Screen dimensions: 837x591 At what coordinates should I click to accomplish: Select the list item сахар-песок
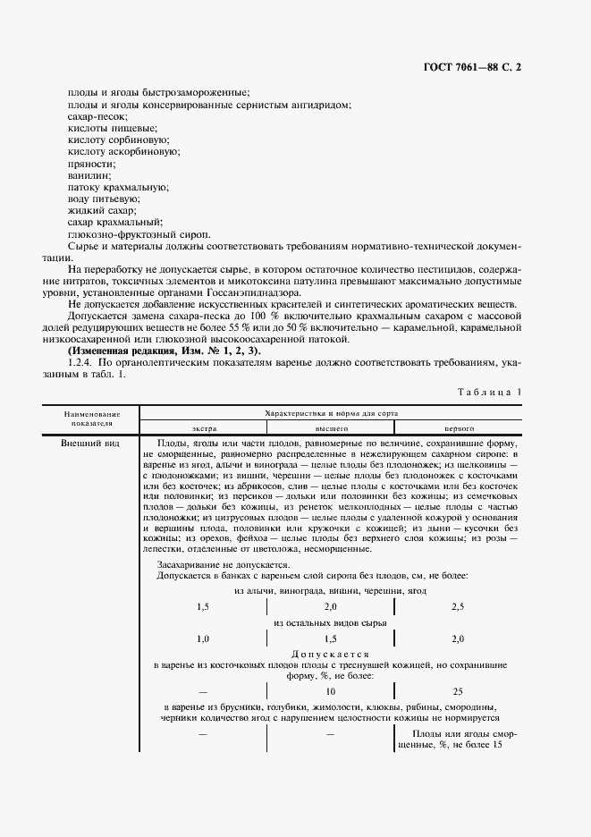tap(97, 117)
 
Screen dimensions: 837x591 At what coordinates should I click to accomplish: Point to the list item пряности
tap(90, 164)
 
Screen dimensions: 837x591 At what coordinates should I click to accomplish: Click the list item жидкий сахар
tap(97, 210)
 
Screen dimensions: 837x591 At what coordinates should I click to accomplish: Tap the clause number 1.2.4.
tap(82, 363)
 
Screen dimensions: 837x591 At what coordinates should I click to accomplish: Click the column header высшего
tap(331, 428)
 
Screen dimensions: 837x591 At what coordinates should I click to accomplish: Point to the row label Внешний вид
tap(86, 444)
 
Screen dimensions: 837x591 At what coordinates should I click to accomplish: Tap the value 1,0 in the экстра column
tap(203, 638)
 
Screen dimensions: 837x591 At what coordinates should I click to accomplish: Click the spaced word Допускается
tap(331, 654)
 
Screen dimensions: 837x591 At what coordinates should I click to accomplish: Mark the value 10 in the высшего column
tap(331, 691)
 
